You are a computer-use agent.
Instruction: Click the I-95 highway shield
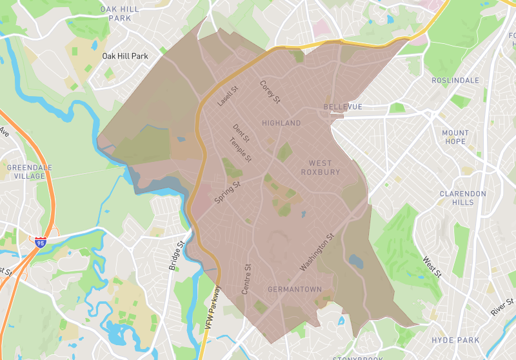[41, 243]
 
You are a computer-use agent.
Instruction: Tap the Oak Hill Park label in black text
[125, 56]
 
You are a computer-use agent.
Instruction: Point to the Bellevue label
[342, 106]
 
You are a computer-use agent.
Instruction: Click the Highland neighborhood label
[281, 123]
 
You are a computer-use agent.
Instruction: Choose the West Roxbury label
[320, 168]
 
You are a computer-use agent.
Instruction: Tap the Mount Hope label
[455, 137]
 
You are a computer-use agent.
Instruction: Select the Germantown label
[294, 289]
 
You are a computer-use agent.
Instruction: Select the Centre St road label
[245, 279]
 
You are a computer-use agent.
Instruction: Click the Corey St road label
[270, 92]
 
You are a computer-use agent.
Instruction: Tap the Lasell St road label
[227, 97]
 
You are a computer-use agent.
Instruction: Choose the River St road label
[502, 307]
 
